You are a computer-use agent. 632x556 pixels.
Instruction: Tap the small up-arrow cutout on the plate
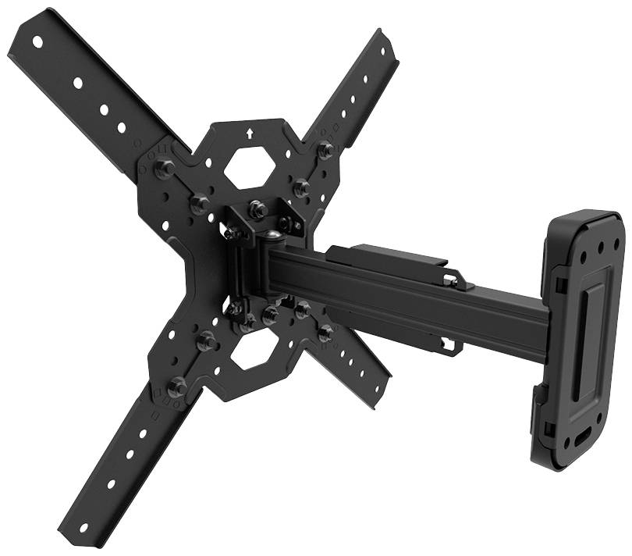[248, 133]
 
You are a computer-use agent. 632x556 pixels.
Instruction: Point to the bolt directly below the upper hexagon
[258, 208]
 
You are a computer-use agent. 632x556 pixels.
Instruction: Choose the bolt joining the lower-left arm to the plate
[178, 387]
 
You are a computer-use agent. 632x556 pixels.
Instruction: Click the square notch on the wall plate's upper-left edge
[560, 282]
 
